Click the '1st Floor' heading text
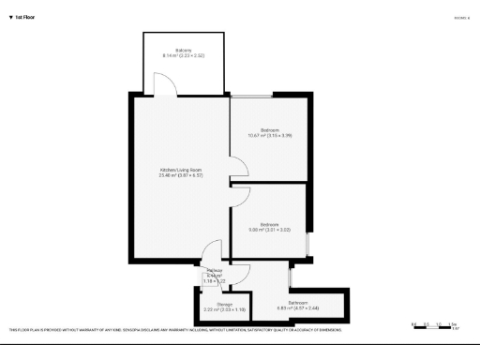25,17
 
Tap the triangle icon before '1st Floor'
10,17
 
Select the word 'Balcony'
183,50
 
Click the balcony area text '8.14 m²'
171,55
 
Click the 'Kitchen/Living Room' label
180,169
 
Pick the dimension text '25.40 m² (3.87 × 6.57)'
180,175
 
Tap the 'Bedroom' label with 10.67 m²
270,129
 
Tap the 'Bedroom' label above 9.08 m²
270,224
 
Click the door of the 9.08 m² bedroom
240,196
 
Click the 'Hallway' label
214,269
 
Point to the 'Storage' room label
224,304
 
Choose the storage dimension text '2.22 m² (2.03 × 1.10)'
224,309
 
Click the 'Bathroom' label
299,302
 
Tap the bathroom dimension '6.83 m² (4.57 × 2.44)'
299,307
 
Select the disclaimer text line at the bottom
174,330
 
